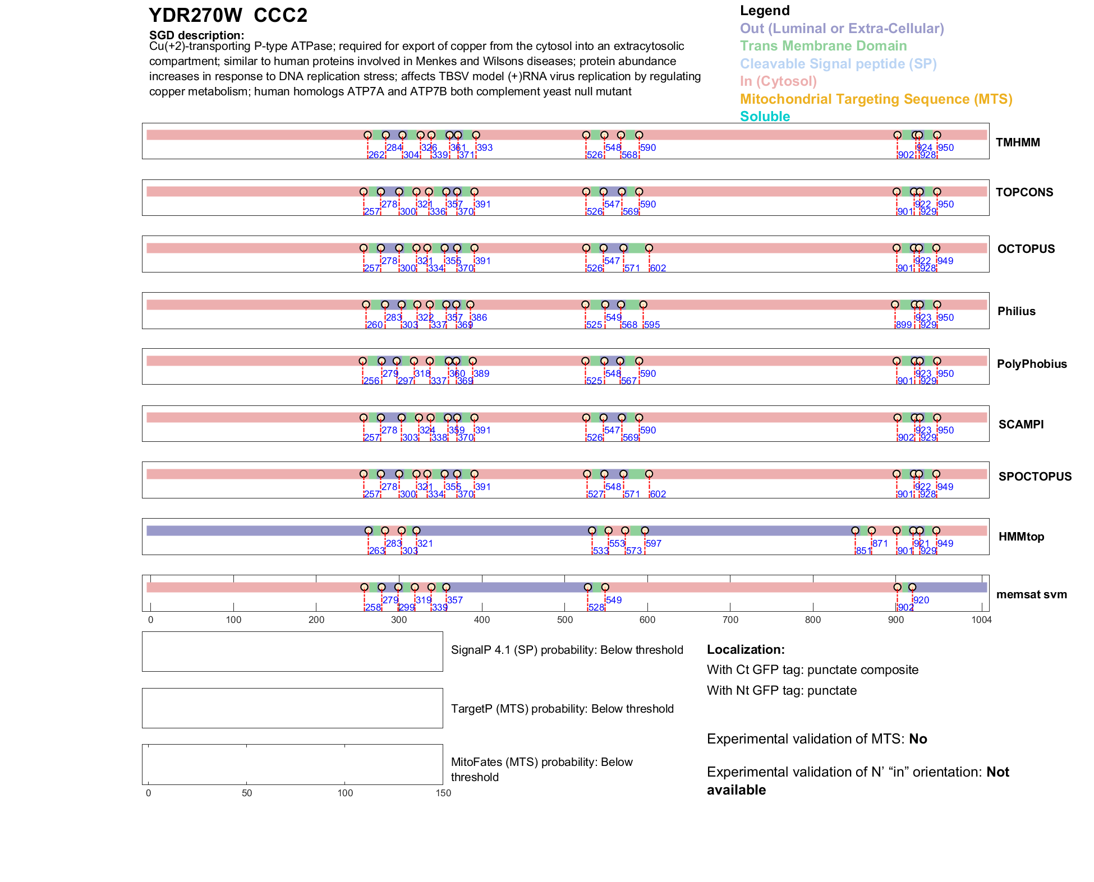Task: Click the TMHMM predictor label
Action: [x=1017, y=142]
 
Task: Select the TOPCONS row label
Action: [x=1024, y=192]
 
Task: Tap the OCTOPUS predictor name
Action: [x=1026, y=249]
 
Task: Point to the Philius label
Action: [x=1016, y=311]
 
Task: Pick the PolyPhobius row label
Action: [x=1031, y=364]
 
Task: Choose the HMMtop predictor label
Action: [x=1021, y=537]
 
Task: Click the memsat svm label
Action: [x=1031, y=594]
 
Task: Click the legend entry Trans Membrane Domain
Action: [x=823, y=46]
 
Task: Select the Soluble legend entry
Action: [x=765, y=117]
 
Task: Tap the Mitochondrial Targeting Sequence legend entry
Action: [x=876, y=99]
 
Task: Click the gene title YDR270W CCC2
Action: [x=228, y=16]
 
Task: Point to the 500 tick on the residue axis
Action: [x=565, y=620]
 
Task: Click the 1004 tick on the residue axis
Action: [x=981, y=620]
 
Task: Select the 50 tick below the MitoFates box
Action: [x=247, y=793]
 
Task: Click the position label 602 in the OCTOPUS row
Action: [x=658, y=268]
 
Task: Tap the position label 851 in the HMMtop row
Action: [x=863, y=551]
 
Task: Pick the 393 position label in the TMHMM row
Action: [x=485, y=147]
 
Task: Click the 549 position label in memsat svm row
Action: [x=614, y=600]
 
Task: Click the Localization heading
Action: [x=745, y=649]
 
